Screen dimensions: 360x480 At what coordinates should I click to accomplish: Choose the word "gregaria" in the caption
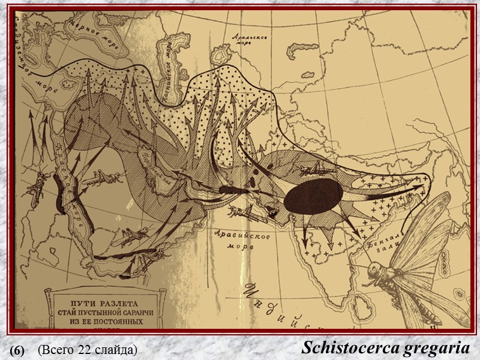click(434, 347)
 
